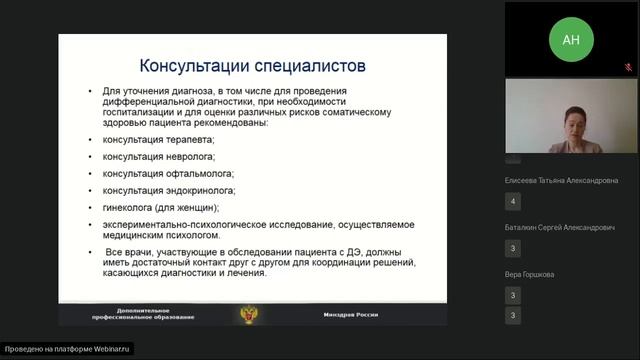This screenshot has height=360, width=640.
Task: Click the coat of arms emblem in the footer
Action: click(x=247, y=315)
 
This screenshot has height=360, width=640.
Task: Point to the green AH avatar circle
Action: click(x=571, y=39)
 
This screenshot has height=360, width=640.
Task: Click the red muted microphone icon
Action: click(x=629, y=69)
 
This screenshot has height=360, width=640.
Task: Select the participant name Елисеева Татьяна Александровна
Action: click(x=561, y=180)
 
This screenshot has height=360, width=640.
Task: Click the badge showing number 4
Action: click(x=513, y=202)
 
